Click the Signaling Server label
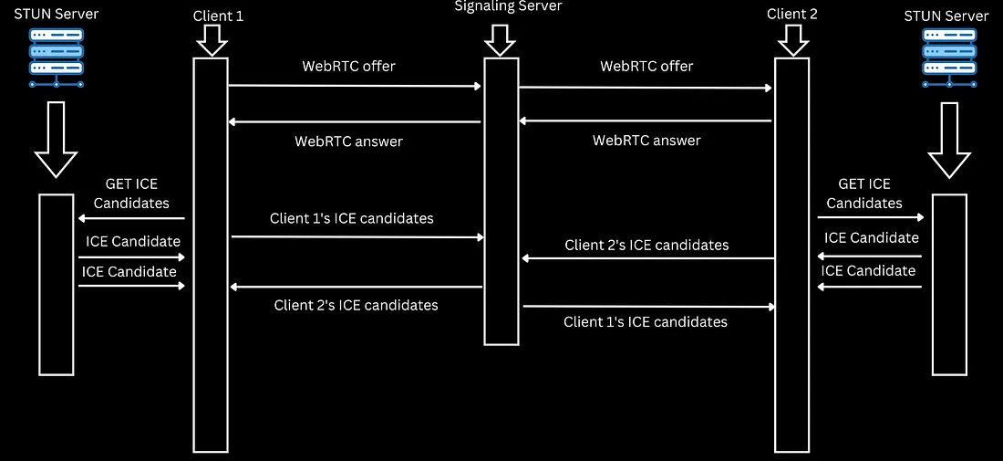[508, 6]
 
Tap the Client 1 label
[219, 16]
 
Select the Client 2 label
[792, 14]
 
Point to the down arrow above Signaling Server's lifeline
[501, 40]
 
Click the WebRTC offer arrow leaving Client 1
[354, 86]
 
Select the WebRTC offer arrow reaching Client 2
[646, 88]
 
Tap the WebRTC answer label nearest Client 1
[348, 141]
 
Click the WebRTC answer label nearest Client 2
[646, 141]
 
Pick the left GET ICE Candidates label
[131, 194]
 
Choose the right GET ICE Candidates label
[864, 194]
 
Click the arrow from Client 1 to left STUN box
[131, 218]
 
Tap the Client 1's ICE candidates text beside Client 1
[351, 219]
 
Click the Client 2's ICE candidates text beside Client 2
[646, 245]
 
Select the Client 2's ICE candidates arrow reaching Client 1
[356, 287]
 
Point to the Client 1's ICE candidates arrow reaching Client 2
[647, 307]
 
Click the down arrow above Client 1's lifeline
[210, 40]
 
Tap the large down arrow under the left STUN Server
[56, 139]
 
